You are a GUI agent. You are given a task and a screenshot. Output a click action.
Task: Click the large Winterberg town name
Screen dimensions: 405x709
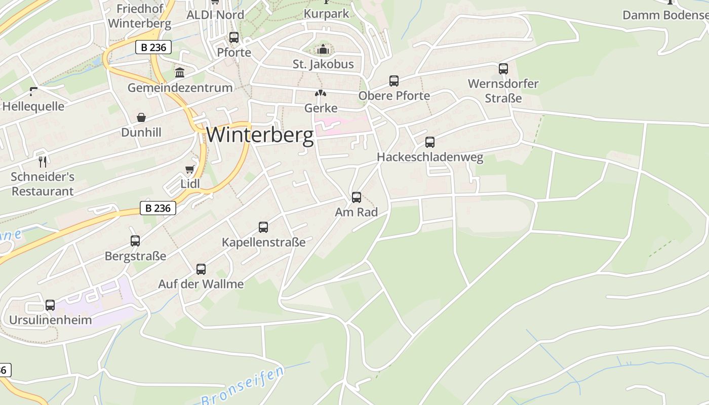click(x=260, y=135)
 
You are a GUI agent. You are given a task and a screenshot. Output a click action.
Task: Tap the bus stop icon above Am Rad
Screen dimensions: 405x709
click(x=357, y=197)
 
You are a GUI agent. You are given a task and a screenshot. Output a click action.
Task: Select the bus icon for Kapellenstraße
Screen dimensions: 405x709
click(x=263, y=227)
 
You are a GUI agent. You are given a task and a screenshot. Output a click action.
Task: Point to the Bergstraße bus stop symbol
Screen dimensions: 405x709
click(x=135, y=241)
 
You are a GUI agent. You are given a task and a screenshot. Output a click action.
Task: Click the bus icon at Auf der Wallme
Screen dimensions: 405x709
click(x=201, y=269)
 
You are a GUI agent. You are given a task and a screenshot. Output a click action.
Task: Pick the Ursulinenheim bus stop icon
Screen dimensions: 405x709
click(x=50, y=305)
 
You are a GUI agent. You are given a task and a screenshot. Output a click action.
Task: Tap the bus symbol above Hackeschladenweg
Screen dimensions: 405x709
click(x=430, y=142)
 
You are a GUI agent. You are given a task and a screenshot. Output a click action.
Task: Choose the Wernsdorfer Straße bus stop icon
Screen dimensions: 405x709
click(x=503, y=69)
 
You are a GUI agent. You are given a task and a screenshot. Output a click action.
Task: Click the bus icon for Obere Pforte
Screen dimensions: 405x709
click(x=394, y=81)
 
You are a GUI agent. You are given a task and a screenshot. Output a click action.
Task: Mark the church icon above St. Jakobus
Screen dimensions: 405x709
click(x=323, y=50)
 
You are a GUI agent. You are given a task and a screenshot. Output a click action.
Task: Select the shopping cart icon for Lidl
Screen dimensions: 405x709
click(x=190, y=169)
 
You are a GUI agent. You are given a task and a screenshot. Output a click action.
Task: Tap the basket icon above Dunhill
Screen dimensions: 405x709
click(x=141, y=117)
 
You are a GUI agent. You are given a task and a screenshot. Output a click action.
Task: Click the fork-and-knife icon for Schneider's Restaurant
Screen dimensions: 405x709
click(x=43, y=162)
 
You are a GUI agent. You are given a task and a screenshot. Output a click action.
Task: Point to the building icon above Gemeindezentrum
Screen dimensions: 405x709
click(x=180, y=72)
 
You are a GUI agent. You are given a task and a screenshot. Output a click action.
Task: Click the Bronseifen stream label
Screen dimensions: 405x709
click(x=243, y=386)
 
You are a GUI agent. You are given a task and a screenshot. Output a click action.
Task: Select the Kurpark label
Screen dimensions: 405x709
click(x=327, y=14)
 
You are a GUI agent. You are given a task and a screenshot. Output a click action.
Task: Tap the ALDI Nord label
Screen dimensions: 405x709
click(x=215, y=15)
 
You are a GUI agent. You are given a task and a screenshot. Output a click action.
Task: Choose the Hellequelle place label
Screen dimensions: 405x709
click(x=33, y=106)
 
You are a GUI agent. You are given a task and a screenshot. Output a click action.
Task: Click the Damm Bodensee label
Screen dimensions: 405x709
click(x=665, y=15)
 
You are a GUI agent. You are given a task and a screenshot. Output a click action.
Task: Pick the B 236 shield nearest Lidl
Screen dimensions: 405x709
click(x=158, y=208)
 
